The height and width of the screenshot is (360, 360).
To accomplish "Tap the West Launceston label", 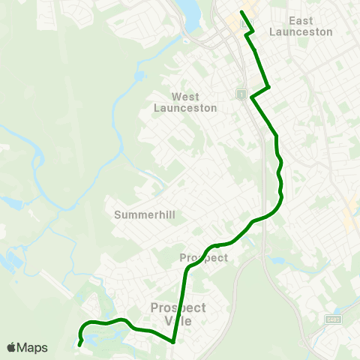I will (185, 102).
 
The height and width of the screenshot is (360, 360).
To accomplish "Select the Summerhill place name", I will (145, 214).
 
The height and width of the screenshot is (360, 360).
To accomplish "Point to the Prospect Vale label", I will (178, 314).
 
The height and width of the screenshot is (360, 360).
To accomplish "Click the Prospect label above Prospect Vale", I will (203, 257).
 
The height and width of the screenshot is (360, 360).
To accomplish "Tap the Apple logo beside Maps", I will (11, 347).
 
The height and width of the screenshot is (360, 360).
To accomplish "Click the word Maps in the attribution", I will (32, 347).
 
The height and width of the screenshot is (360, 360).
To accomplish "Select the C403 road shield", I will (334, 319).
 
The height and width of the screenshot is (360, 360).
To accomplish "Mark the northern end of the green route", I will (241, 12).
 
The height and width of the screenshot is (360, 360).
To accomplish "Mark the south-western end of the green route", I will (79, 345).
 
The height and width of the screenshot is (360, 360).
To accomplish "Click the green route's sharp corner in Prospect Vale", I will (173, 342).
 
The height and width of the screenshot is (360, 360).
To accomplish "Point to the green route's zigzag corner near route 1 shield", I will (268, 87).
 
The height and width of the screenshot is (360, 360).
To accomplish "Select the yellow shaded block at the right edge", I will (349, 217).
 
